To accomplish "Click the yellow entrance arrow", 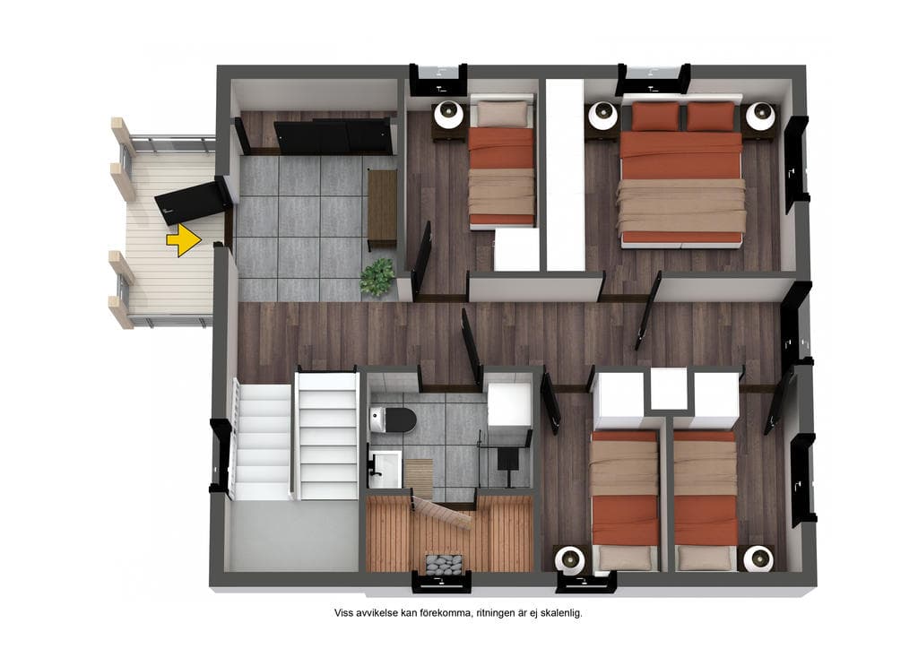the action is (184, 240).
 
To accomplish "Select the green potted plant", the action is (377, 277).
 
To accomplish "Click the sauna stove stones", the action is (444, 566).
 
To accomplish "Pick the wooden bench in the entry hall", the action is (382, 207).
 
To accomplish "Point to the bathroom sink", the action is (384, 469).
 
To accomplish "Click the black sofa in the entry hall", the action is (333, 136).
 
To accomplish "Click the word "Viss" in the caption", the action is (344, 613).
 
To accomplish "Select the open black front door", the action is (191, 202).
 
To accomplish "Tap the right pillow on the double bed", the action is (710, 117).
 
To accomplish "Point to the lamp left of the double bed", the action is (603, 117).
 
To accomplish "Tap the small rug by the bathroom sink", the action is (418, 472).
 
